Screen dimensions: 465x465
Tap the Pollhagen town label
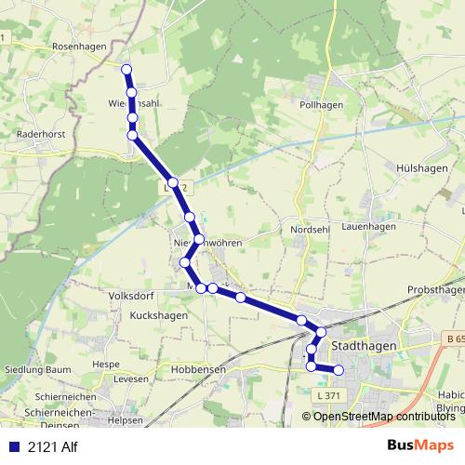322,105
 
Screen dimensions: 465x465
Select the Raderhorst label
40,134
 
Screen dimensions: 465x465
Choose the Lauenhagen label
368,226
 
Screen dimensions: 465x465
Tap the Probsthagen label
435,290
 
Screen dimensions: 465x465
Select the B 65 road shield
453,338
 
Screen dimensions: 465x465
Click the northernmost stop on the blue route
126,67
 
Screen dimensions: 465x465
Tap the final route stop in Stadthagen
339,370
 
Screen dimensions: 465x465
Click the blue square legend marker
13,444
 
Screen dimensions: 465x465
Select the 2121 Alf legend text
52,444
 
